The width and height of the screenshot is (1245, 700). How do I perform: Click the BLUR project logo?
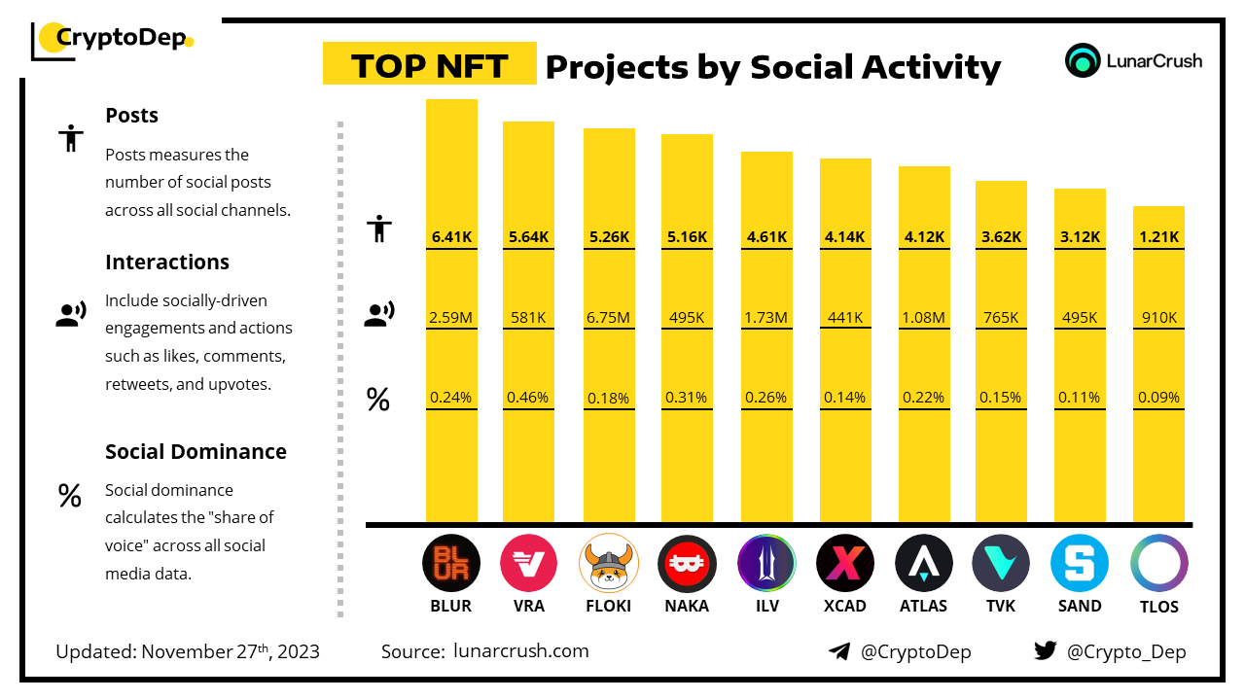tap(451, 564)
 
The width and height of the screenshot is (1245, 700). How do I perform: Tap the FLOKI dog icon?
tap(609, 564)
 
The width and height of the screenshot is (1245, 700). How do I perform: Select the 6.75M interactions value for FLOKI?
tap(609, 317)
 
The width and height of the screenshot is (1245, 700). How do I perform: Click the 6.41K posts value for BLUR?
tap(451, 236)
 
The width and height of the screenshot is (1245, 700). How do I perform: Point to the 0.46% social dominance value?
tap(528, 397)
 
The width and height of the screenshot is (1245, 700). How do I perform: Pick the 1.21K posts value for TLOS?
tap(1158, 236)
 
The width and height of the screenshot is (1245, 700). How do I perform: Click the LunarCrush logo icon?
tap(1082, 60)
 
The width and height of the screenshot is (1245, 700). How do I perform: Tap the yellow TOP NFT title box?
tap(429, 65)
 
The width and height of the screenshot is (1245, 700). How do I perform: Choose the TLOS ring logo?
tap(1158, 564)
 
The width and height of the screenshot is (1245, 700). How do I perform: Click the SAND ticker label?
tap(1080, 606)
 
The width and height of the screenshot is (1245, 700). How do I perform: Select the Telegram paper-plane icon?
tap(839, 651)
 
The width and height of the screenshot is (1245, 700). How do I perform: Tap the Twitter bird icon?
tap(1045, 651)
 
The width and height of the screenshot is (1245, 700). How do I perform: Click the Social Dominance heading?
tap(196, 451)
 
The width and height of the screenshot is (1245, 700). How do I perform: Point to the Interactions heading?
tap(167, 262)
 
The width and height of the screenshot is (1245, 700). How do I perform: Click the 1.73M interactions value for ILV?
tap(766, 317)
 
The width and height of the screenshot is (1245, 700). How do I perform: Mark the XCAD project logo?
tap(845, 564)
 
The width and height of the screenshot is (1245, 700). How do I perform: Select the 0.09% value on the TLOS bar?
tap(1158, 397)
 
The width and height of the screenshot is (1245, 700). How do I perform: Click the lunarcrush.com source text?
tap(520, 651)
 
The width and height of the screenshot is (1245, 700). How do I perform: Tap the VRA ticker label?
tap(528, 606)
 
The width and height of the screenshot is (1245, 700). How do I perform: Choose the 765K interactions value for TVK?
tap(1001, 317)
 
